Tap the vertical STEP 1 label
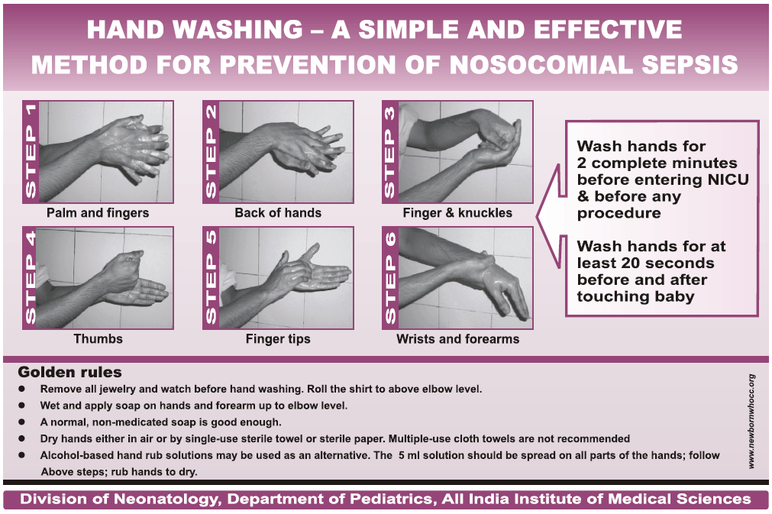coord(31,152)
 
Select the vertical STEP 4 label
coord(31,278)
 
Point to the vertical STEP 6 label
coord(391,278)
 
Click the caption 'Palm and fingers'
coord(98,212)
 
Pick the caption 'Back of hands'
coord(278,212)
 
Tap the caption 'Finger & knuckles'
coord(457,212)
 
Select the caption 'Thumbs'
coord(98,338)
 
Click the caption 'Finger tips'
coord(278,338)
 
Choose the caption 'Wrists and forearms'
coord(457,338)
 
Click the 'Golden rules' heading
coord(69,373)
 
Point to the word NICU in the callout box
coord(725,180)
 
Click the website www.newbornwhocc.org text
coord(752,421)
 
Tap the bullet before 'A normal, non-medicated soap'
coord(24,422)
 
